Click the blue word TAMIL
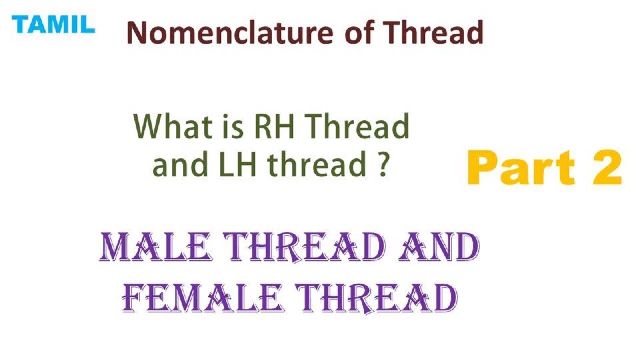[x=53, y=24]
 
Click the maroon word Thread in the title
[x=434, y=33]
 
